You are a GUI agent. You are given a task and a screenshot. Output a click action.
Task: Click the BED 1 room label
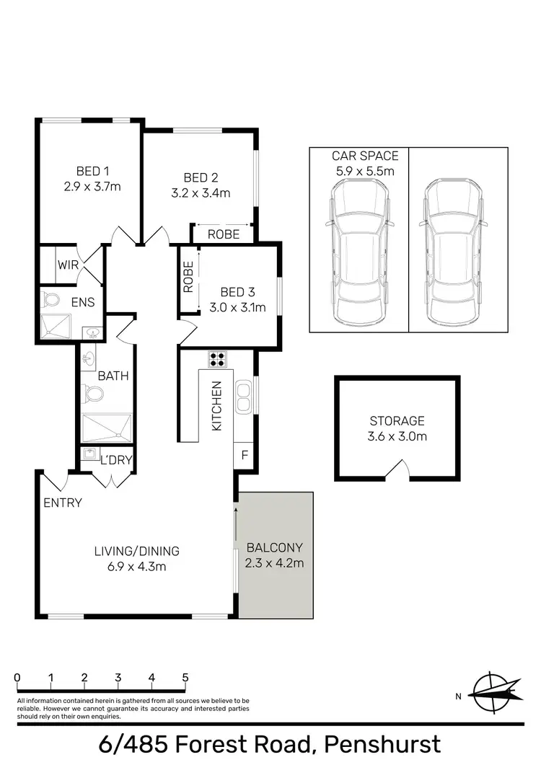(x=92, y=172)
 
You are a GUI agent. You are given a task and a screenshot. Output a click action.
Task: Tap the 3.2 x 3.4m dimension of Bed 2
(x=201, y=193)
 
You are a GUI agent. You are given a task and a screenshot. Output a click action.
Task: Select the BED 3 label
(x=238, y=292)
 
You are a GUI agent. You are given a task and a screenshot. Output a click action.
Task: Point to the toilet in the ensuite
(x=51, y=299)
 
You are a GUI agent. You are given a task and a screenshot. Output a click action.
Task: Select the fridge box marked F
(x=245, y=455)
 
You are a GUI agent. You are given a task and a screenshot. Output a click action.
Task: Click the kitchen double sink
(x=243, y=397)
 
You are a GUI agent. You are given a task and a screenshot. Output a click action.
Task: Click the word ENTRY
(x=63, y=503)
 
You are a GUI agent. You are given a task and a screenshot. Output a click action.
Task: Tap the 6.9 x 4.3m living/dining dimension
(x=136, y=566)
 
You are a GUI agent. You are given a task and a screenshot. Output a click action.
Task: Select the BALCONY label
(x=274, y=547)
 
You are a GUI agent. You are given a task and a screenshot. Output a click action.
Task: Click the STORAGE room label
(x=397, y=421)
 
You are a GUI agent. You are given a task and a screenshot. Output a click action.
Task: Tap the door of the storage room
(x=397, y=472)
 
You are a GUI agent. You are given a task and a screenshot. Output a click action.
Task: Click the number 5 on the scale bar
(x=185, y=678)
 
